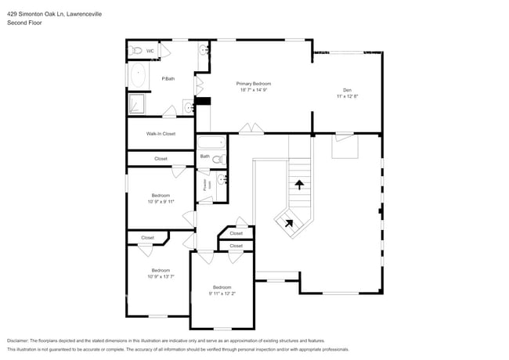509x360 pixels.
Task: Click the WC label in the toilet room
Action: (x=150, y=52)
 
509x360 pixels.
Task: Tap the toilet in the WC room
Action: (x=135, y=51)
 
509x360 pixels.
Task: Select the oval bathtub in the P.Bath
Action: (x=138, y=76)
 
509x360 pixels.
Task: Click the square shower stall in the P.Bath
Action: (x=135, y=104)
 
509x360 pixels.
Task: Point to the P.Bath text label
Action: (x=168, y=78)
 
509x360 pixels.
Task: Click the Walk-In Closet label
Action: (x=161, y=134)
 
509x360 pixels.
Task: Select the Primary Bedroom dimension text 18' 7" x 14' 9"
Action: (x=254, y=90)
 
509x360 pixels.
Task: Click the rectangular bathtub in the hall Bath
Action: (x=210, y=143)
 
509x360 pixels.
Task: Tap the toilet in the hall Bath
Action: (x=219, y=160)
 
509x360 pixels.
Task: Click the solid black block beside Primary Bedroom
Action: (x=203, y=99)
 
